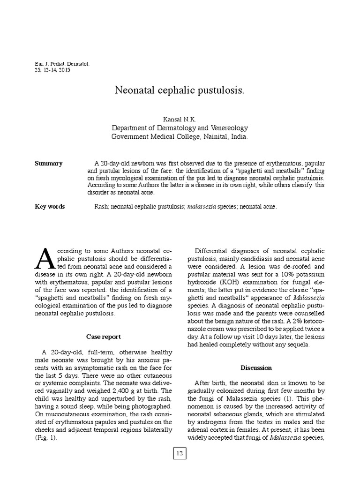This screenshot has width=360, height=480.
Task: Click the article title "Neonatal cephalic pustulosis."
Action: [180, 90]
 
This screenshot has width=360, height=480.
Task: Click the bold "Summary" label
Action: [49, 164]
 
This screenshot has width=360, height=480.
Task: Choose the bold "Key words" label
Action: [50, 206]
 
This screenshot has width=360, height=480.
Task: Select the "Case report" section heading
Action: [104, 337]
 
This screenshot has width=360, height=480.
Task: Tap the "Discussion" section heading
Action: [256, 367]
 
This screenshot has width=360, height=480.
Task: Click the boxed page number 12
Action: [180, 453]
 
